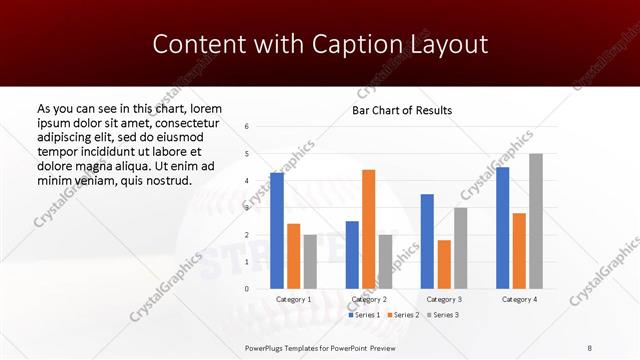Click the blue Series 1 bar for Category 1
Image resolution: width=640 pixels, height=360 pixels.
click(x=277, y=231)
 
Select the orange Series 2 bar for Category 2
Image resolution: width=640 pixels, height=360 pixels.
click(x=368, y=229)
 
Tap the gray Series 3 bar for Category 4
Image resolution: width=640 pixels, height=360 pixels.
click(x=536, y=221)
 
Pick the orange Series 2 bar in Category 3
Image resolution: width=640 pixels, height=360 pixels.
click(x=444, y=264)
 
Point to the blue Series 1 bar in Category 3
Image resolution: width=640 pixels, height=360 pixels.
click(x=427, y=241)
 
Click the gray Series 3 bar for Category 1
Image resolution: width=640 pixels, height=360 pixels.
click(x=310, y=262)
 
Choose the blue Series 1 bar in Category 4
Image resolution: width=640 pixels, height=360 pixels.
click(x=502, y=228)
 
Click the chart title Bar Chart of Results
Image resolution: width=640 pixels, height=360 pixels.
click(x=401, y=110)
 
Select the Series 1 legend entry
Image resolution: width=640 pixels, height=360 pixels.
click(x=364, y=315)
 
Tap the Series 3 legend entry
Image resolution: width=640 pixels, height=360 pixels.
click(x=442, y=315)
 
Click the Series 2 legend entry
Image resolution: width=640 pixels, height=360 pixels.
click(x=403, y=315)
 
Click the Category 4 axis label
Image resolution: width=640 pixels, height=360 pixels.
click(x=519, y=299)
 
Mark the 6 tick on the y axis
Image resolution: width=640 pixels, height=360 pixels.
click(x=247, y=127)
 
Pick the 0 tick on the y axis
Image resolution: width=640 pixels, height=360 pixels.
click(x=247, y=289)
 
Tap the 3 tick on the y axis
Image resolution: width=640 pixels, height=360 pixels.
click(x=247, y=208)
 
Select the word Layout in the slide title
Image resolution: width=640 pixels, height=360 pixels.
click(x=446, y=44)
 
